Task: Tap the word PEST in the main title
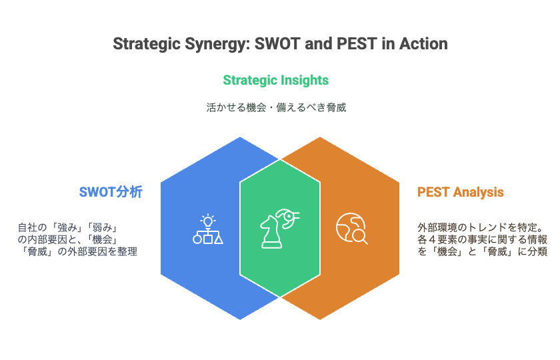[x=357, y=43]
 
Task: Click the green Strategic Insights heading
[x=276, y=81]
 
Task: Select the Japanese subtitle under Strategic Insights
[x=276, y=107]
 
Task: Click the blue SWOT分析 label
[x=111, y=192]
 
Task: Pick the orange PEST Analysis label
[x=461, y=192]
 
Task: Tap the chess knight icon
[x=271, y=232]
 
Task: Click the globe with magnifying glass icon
[x=352, y=229]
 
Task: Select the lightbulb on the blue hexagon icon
[x=207, y=221]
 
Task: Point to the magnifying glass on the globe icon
[x=359, y=237]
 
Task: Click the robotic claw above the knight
[x=288, y=218]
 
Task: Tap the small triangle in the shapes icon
[x=219, y=239]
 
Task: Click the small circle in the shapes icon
[x=197, y=239]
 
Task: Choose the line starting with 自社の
[x=68, y=227]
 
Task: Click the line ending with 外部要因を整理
[x=78, y=251]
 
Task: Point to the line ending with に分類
[x=483, y=251]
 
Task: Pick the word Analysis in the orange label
[x=478, y=193]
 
